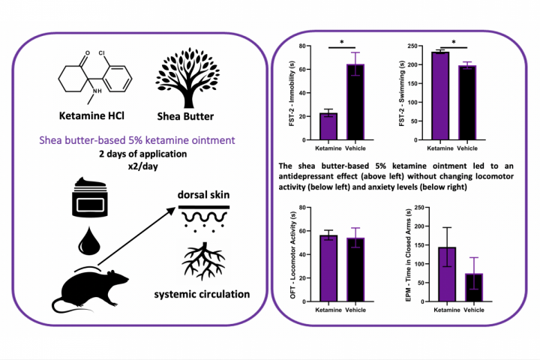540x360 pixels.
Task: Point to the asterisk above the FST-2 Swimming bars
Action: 454,43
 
